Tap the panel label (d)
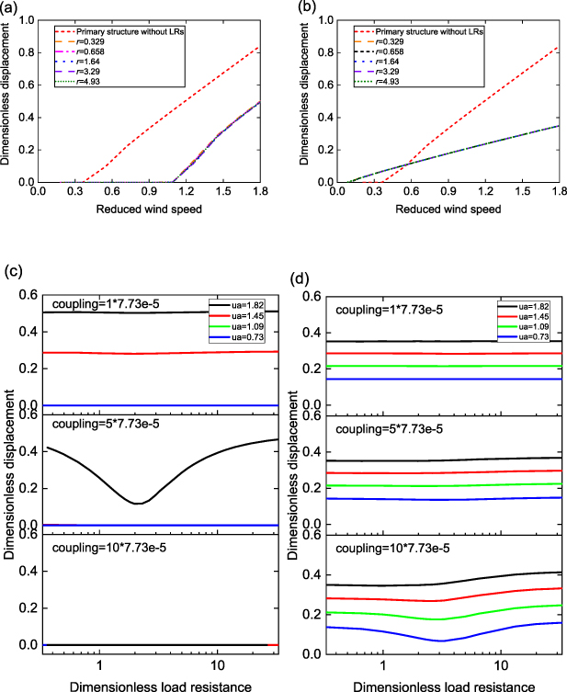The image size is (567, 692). coord(296,275)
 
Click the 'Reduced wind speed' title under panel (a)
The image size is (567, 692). coord(159,209)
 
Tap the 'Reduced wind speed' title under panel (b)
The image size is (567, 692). coord(444,209)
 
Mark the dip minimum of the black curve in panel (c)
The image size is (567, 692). coord(138,503)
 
